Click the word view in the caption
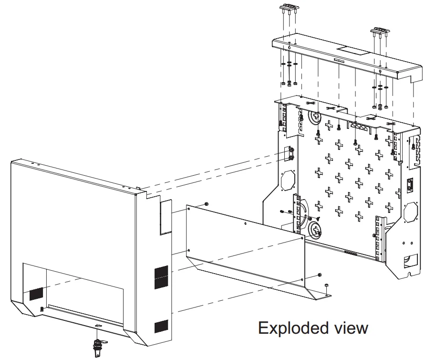click(351, 328)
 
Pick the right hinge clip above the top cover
click(380, 32)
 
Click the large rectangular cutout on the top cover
click(353, 51)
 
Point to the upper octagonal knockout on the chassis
click(288, 180)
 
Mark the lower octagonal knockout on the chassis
click(411, 212)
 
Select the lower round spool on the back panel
click(316, 230)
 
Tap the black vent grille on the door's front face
click(36, 294)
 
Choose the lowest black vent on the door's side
click(161, 326)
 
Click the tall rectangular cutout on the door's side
click(166, 217)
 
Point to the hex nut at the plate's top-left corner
click(207, 204)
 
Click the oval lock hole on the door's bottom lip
click(98, 325)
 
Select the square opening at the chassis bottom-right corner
click(411, 261)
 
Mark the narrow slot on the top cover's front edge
click(339, 60)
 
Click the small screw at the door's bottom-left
click(42, 308)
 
